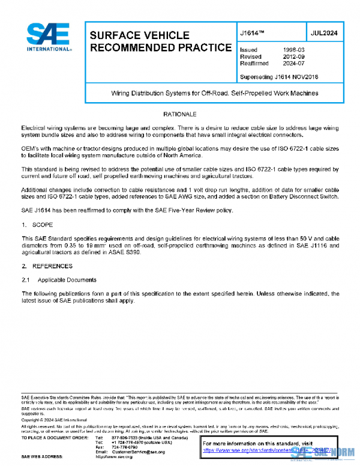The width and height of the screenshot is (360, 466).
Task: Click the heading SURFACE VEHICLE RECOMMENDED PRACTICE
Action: click(x=160, y=41)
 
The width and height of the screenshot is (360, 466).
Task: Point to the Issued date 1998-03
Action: click(x=293, y=49)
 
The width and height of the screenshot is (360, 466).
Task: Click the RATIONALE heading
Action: click(x=180, y=114)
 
